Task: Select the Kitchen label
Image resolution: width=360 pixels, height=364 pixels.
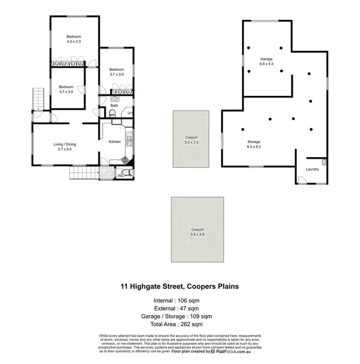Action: point(114,141)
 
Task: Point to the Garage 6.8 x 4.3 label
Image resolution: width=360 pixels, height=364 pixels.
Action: point(266,61)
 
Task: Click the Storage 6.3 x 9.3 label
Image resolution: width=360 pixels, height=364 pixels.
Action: point(253,144)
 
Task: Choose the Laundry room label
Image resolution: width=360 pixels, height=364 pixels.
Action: point(312,169)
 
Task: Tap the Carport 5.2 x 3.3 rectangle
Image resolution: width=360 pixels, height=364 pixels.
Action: point(192,139)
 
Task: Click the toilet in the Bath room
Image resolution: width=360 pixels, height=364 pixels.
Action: point(112,113)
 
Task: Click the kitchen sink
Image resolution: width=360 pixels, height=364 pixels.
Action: point(129,141)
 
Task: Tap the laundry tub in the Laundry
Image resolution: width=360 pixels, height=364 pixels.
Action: point(324,162)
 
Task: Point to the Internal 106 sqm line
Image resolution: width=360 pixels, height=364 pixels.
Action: point(180,301)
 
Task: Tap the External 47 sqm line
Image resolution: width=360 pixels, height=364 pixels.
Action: point(180,308)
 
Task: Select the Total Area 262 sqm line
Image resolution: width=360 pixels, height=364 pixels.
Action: point(180,325)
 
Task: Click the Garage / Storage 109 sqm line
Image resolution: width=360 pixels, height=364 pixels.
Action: point(180,317)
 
